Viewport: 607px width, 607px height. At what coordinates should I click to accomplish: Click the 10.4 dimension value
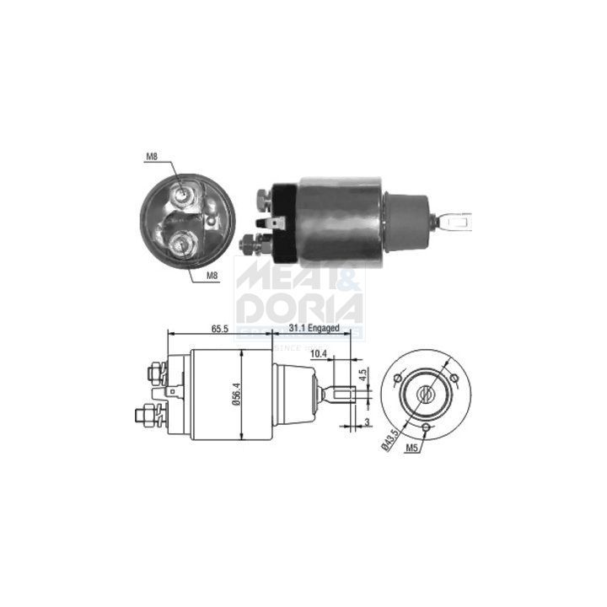[318, 353]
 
